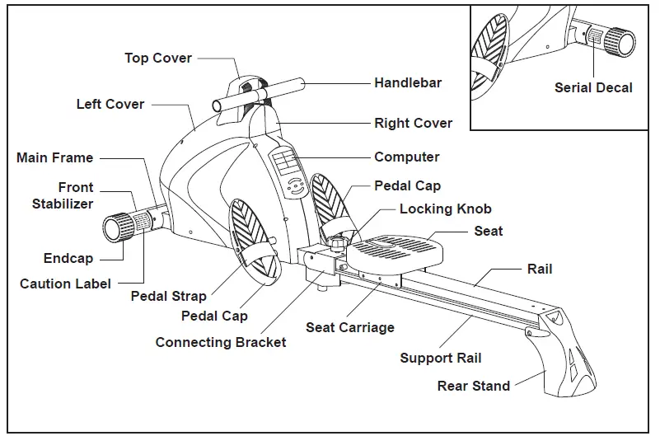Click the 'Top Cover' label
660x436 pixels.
tap(158, 58)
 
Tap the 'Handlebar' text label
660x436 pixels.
tap(408, 82)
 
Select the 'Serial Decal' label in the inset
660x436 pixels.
tap(593, 87)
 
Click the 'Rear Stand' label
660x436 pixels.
tap(474, 386)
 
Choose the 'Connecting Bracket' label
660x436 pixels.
tap(221, 342)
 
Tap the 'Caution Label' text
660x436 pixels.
tap(65, 284)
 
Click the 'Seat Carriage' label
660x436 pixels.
tap(350, 327)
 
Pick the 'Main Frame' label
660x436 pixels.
tap(54, 157)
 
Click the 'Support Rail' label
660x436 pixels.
tap(441, 358)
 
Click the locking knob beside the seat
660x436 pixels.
tap(337, 241)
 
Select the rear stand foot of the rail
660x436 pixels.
tap(560, 354)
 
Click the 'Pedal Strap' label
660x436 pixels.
tap(168, 296)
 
